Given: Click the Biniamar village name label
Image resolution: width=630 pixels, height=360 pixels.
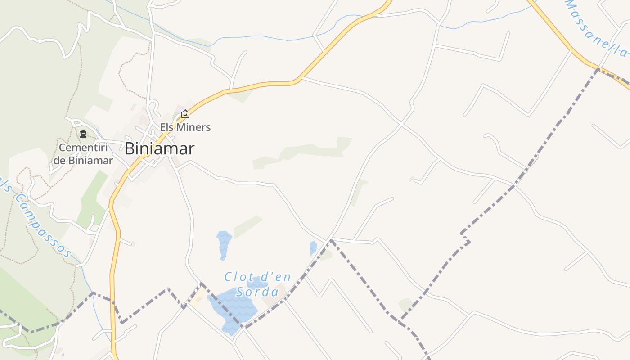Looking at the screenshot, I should coord(159,148).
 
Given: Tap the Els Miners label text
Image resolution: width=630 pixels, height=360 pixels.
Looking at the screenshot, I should coord(185,127).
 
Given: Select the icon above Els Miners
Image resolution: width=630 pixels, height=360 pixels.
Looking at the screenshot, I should coord(185,114).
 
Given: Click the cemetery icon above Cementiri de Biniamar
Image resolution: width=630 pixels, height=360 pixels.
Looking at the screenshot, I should coord(83,134).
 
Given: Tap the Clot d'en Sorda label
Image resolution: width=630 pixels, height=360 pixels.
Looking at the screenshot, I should coord(258,284).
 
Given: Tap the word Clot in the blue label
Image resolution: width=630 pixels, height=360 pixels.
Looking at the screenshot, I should coord(237,276).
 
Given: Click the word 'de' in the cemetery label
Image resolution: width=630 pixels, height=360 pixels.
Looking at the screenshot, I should coord(60,161).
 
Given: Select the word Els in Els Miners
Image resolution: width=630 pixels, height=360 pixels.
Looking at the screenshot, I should coord(167,127).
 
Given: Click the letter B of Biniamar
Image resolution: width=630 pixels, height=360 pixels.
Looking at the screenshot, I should coord(130,148).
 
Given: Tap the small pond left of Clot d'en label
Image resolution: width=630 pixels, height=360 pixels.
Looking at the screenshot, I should coord(224,243).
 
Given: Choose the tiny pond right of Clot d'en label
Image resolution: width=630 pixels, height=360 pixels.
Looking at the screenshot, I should coord(313,247).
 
